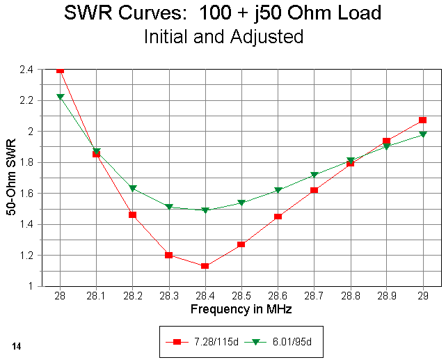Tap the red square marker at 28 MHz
coord(60,70)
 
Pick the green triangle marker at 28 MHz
coord(60,97)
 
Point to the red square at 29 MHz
coord(423,120)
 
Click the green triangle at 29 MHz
coord(423,134)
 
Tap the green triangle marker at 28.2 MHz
coord(133,188)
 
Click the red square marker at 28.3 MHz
coord(169,255)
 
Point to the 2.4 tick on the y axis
coord(32,70)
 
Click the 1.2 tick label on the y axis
coord(32,255)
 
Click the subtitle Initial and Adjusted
coord(223,37)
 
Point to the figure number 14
coord(16,345)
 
